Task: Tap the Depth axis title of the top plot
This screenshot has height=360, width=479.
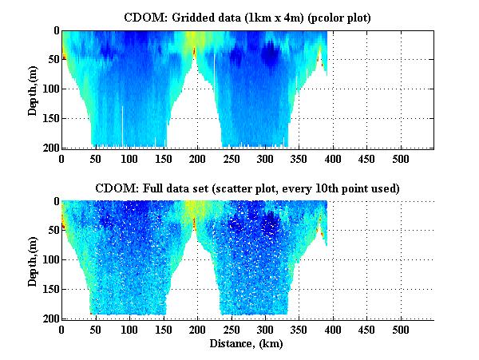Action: (x=33, y=89)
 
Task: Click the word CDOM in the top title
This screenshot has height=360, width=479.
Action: (x=142, y=17)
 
